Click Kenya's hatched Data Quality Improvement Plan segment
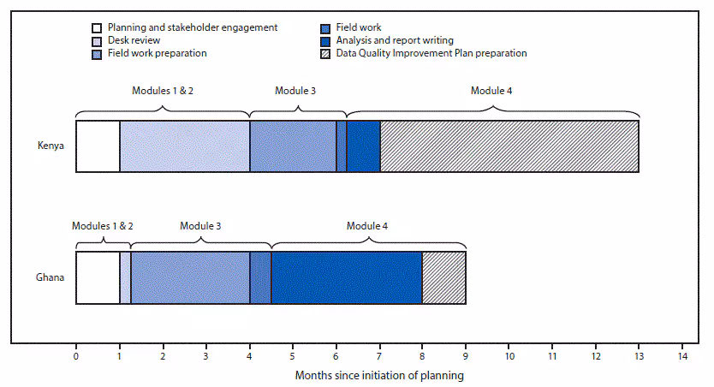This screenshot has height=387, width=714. [x=509, y=146]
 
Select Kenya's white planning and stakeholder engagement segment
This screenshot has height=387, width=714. [x=98, y=146]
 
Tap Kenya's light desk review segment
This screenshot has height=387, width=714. [x=184, y=146]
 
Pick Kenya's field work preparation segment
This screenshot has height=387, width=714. [x=293, y=146]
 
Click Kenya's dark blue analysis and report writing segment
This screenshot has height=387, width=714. [x=363, y=146]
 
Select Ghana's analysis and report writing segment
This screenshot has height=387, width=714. [x=346, y=277]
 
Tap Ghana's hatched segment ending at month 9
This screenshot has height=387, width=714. [x=443, y=277]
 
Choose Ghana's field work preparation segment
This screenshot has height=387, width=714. [x=190, y=277]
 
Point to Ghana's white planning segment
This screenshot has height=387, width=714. [x=98, y=277]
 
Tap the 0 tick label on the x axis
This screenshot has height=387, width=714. [x=76, y=357]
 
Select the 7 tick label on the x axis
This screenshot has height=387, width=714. [x=379, y=357]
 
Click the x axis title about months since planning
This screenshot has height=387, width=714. [x=379, y=375]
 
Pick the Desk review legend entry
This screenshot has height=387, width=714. [x=133, y=40]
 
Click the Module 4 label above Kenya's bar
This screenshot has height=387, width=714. [x=491, y=90]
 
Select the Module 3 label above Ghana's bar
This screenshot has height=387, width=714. [x=200, y=226]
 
